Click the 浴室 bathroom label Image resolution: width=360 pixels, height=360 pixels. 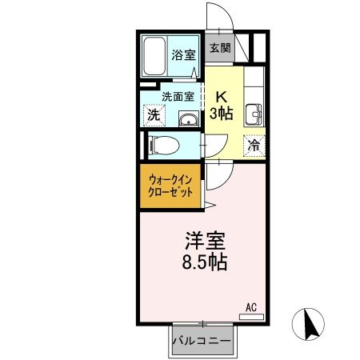183,55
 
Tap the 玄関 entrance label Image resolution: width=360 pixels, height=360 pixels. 220,48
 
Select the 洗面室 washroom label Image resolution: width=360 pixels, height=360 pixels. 178,96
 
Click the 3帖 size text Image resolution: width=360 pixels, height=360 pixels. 222,114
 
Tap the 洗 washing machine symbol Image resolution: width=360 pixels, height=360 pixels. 152,114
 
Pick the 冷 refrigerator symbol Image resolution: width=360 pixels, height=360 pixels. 254,146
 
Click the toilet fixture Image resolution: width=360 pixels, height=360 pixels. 162,146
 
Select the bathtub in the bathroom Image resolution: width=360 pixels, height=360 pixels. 156,55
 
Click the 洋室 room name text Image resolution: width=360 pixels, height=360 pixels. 204,240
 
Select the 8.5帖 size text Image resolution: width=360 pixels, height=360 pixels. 202,262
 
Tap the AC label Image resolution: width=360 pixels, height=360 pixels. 251,306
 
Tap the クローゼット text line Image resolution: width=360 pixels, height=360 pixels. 171,194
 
